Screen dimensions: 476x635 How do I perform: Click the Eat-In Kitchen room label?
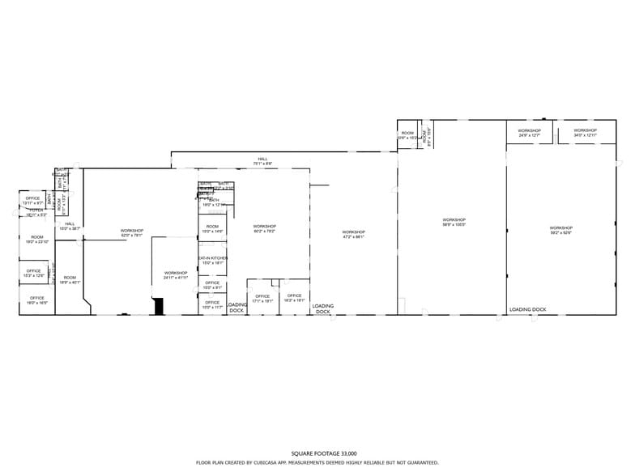click(x=213, y=260)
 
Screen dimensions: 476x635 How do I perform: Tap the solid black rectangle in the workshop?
click(x=160, y=306)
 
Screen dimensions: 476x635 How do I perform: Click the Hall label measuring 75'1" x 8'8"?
click(x=262, y=160)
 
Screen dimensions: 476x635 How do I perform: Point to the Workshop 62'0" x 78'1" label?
click(x=132, y=233)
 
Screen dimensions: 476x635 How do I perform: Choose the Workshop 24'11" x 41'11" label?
click(x=176, y=275)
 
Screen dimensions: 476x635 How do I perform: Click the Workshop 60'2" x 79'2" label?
click(x=264, y=228)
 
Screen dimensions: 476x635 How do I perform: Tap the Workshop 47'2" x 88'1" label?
click(x=353, y=234)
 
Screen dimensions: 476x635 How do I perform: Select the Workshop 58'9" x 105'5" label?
click(x=454, y=222)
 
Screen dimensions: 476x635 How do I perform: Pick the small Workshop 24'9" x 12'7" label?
click(x=530, y=133)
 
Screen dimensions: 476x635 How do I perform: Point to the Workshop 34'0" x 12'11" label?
click(x=585, y=133)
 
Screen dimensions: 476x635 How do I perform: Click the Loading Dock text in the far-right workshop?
click(x=527, y=309)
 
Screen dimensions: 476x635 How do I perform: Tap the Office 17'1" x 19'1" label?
click(x=262, y=298)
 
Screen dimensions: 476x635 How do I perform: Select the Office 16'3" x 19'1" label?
click(x=294, y=297)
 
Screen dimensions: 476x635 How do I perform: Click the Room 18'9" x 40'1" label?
click(x=70, y=279)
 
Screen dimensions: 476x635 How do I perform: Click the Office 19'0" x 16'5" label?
click(x=36, y=300)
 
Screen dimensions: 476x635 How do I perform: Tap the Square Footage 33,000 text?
click(x=324, y=453)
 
